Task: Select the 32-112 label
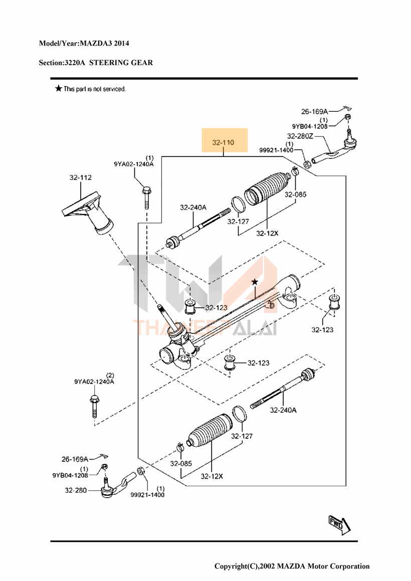[x=80, y=177]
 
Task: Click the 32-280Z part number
[x=300, y=136]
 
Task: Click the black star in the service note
[x=59, y=89]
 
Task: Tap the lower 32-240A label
[x=283, y=410]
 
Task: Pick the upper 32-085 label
[x=296, y=195]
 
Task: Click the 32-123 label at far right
[x=322, y=330]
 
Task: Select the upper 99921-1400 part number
[x=276, y=150]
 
